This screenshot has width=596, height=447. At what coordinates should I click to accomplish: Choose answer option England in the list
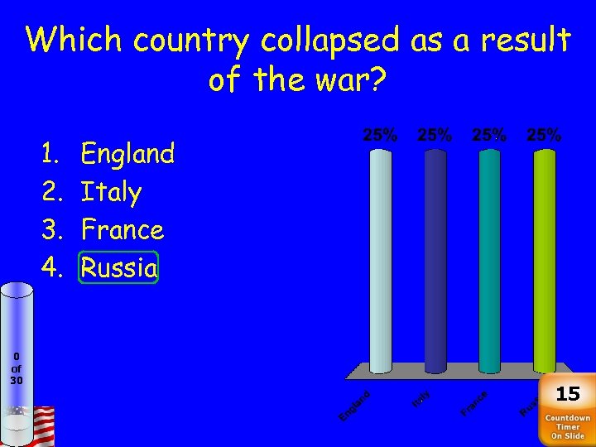(x=127, y=153)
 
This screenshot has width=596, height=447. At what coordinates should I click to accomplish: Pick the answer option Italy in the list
(x=111, y=192)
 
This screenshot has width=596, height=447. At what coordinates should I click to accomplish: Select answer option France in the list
(x=122, y=229)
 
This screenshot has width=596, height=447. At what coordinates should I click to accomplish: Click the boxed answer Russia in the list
(x=119, y=267)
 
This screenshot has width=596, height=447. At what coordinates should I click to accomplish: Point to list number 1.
(x=50, y=153)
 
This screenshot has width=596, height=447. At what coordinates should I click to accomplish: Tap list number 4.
(x=50, y=267)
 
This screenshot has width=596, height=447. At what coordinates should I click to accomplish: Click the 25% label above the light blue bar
(x=380, y=134)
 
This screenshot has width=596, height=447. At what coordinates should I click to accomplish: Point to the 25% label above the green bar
(x=544, y=134)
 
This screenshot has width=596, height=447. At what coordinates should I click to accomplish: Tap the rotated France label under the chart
(x=478, y=402)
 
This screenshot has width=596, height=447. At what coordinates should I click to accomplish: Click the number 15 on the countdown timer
(x=568, y=393)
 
